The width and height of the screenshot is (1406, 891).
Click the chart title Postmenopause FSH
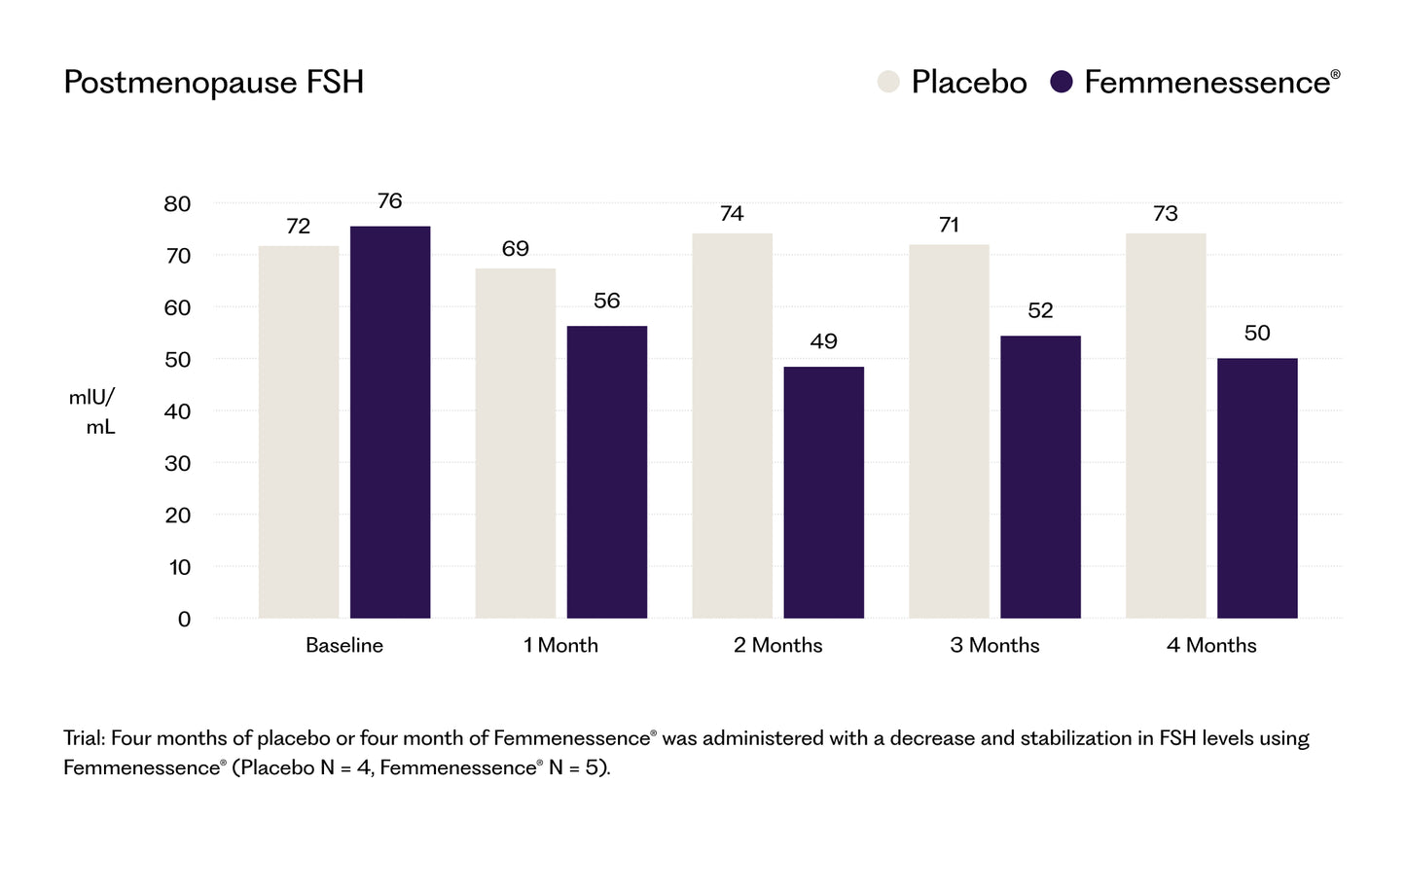tap(213, 83)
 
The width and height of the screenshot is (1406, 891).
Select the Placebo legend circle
tap(888, 82)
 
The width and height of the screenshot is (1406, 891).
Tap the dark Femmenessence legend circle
tap(1062, 82)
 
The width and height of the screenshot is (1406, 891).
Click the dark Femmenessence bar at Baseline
tap(390, 422)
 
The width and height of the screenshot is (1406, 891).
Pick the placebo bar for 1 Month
tap(516, 444)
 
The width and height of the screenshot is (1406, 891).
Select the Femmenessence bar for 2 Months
tap(824, 492)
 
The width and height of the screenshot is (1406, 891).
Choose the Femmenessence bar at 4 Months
tap(1257, 488)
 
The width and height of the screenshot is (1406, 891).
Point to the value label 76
tap(389, 201)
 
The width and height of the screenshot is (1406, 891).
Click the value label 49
tap(823, 341)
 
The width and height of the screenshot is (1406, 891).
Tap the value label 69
tap(516, 249)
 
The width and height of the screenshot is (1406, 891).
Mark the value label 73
tap(1166, 214)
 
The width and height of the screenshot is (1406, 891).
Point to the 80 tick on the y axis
tap(178, 204)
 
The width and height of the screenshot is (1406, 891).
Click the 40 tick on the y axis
tap(178, 411)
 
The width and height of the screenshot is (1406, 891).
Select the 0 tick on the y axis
tap(184, 620)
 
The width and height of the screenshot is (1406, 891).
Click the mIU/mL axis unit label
tap(93, 412)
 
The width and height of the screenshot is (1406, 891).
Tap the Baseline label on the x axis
tap(344, 646)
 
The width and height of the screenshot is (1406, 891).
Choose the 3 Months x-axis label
tap(994, 646)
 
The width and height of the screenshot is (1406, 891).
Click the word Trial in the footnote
tap(84, 738)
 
